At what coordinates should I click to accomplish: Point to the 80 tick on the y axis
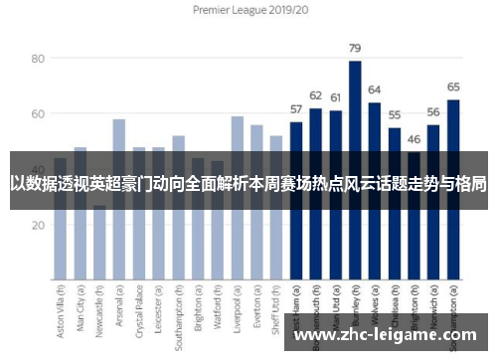[x=38, y=59]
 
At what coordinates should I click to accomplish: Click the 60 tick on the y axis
[x=38, y=114]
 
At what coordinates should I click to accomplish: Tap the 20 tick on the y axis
[x=38, y=225]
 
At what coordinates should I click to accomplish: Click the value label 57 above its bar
[x=296, y=109]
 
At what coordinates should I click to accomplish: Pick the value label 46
[x=414, y=139]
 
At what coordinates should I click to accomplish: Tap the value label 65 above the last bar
[x=453, y=87]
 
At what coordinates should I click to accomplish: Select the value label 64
[x=375, y=90]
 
